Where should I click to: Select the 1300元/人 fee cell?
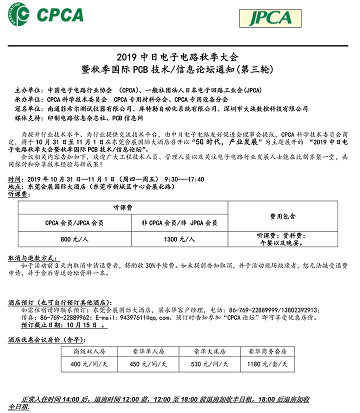[179, 239]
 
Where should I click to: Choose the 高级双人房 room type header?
[90, 351]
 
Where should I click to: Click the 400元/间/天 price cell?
[90, 364]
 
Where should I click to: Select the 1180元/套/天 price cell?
[268, 364]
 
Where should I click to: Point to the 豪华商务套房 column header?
[268, 351]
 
